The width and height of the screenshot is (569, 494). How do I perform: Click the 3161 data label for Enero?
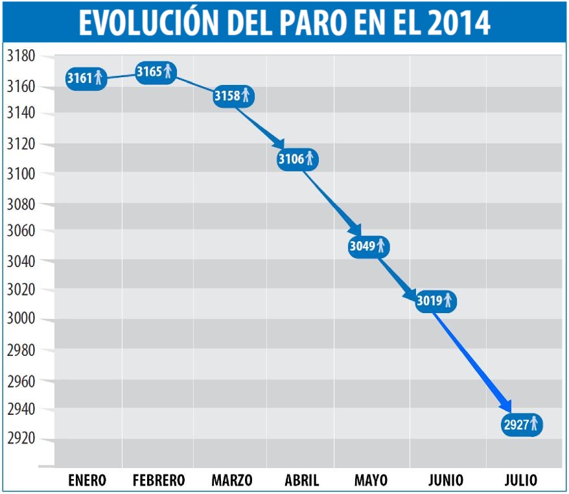(x=86, y=78)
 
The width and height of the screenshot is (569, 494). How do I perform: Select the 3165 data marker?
(x=156, y=71)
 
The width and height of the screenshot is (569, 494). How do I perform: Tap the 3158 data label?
(x=233, y=97)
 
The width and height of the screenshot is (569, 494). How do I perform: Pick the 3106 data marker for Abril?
(x=297, y=158)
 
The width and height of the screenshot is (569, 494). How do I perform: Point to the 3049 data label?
(x=369, y=246)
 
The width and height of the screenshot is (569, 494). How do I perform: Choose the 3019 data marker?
(x=435, y=301)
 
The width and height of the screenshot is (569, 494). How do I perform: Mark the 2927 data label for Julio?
(x=522, y=425)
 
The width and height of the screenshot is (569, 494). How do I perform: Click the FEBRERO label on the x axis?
(x=159, y=480)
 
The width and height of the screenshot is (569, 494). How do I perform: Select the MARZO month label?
(x=231, y=480)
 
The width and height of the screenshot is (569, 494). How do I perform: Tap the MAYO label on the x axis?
(x=371, y=480)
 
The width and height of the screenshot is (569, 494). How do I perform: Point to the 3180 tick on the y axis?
(x=20, y=56)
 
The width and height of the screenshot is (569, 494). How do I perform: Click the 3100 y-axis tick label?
(x=20, y=173)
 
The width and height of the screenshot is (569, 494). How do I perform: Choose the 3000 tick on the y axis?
(x=20, y=319)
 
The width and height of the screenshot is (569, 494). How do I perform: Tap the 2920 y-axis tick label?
(x=20, y=439)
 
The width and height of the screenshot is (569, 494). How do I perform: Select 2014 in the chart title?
(x=459, y=22)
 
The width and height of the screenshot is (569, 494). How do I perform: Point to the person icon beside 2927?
(x=534, y=425)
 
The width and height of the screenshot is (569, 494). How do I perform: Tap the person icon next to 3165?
(x=168, y=71)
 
